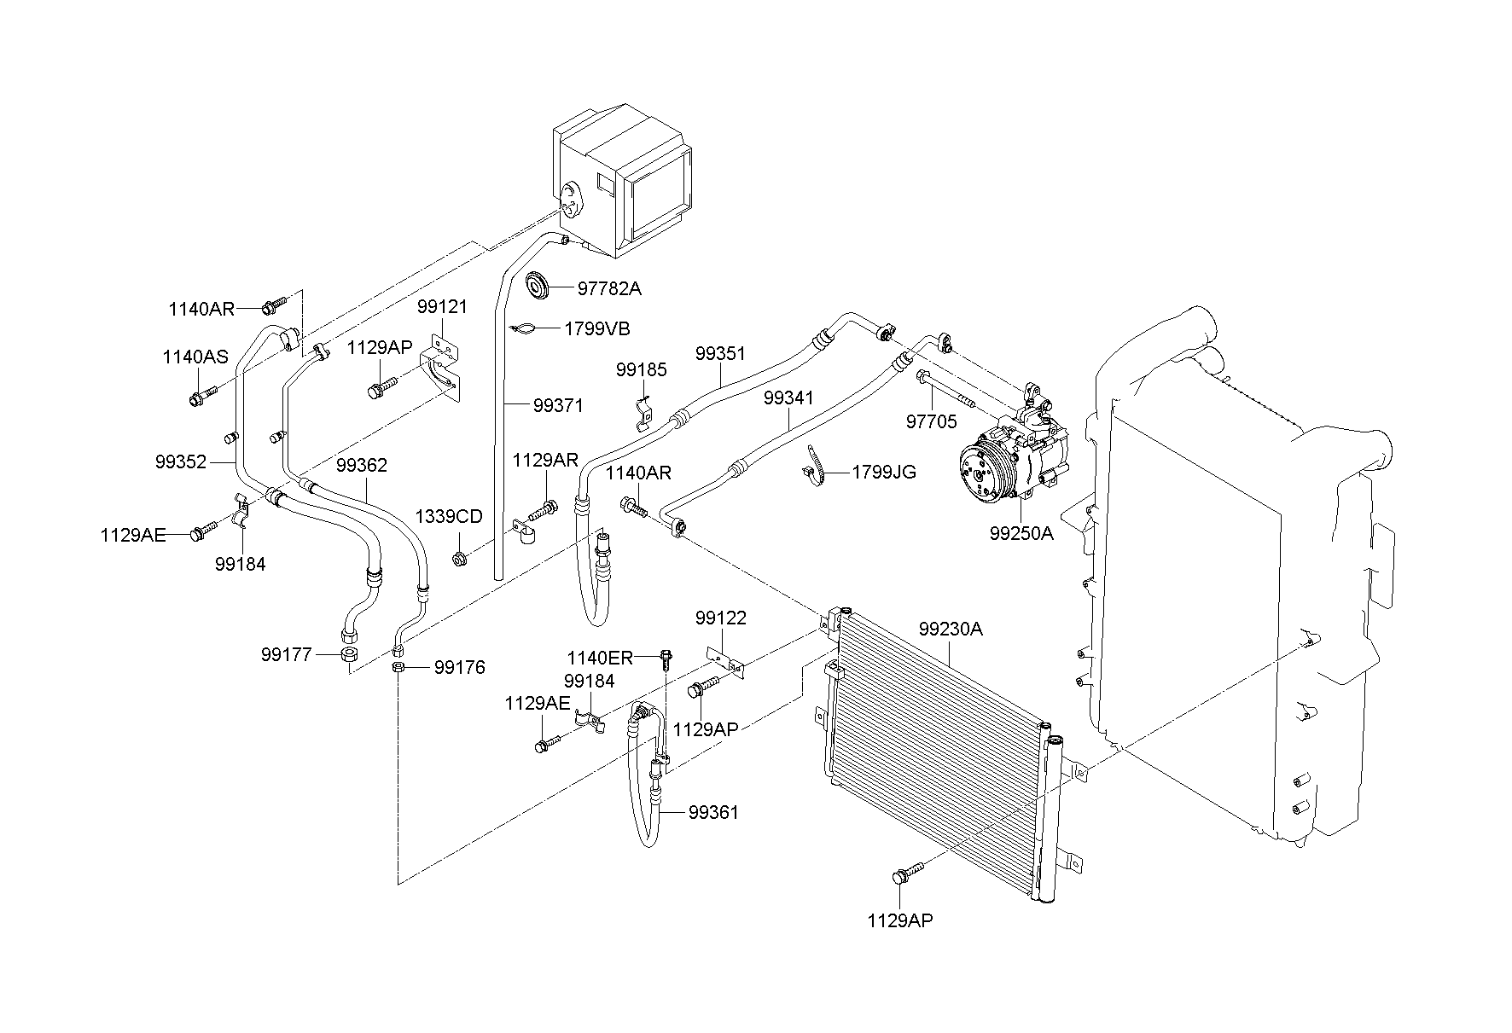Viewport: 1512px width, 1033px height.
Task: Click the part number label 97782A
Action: [608, 288]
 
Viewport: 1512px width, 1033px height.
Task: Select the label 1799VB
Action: [597, 328]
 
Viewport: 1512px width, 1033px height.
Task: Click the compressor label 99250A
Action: [1021, 533]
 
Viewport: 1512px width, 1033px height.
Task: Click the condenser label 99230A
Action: [951, 630]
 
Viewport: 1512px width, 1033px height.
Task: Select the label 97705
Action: [931, 421]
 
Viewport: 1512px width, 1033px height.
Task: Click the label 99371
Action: [558, 406]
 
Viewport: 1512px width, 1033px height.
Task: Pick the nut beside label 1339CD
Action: [459, 560]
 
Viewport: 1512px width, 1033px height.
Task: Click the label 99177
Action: [288, 654]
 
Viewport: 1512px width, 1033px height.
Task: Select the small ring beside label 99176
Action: [398, 667]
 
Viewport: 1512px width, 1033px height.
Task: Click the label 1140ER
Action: [600, 658]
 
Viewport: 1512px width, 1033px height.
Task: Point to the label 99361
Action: [713, 812]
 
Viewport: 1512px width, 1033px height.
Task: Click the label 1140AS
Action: [195, 357]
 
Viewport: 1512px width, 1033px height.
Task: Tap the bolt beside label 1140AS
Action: [202, 396]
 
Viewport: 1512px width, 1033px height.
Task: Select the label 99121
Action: [442, 306]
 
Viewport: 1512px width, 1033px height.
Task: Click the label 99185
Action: [641, 370]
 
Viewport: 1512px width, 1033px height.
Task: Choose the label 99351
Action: [720, 353]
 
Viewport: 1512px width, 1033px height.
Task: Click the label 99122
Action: [720, 618]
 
